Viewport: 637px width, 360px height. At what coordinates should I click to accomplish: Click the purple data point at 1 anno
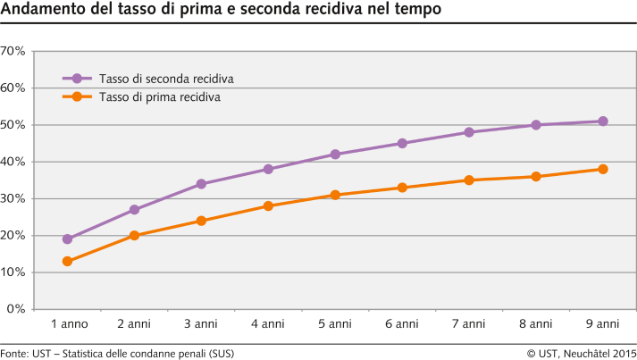point(67,239)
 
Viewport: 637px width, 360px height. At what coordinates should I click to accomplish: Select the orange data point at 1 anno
point(67,262)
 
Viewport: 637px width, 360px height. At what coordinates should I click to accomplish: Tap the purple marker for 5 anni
point(335,155)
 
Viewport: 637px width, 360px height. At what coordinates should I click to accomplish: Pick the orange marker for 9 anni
point(603,169)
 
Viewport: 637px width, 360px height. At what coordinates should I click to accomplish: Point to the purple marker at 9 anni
point(603,121)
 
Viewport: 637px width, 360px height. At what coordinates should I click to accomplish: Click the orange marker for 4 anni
point(268,206)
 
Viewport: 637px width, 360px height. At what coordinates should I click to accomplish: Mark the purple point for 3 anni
point(201,184)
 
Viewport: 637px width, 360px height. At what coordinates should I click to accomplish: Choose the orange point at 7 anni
point(469,180)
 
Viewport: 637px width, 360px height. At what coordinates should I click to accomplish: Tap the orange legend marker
point(77,96)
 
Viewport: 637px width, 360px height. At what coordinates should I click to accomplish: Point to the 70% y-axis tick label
point(13,51)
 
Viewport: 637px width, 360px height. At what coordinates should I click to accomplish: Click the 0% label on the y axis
point(16,309)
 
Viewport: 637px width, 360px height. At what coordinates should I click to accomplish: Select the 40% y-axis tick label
point(13,162)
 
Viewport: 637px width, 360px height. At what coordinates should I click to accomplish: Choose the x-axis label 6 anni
point(402,323)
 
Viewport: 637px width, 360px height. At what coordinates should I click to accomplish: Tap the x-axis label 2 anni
point(134,323)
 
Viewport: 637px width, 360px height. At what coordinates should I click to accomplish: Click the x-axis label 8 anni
point(536,323)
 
